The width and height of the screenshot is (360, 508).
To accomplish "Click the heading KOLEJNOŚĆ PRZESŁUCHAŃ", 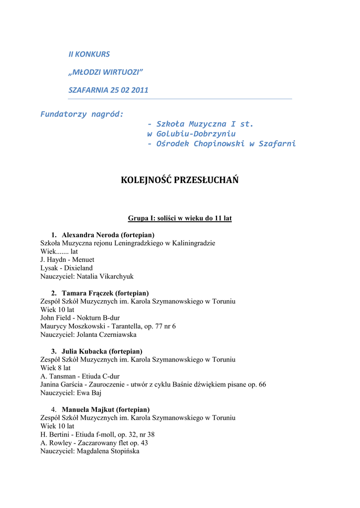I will coord(180,180).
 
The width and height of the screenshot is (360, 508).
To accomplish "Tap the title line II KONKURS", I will coord(89,54).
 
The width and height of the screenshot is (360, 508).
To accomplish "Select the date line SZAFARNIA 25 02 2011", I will coord(108,90).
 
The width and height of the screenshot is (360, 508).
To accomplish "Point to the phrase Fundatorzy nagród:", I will coord(82,114).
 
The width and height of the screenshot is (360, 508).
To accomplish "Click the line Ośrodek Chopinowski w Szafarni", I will coord(221,144).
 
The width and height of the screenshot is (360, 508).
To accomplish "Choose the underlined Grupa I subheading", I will coord(180,218).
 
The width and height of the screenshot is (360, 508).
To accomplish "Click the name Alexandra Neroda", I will coord(90,235).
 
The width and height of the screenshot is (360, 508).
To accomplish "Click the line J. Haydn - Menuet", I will coord(67,259).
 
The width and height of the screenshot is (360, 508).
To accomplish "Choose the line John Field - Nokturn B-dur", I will coord(80,318).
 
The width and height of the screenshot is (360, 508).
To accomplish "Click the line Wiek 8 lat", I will coord(56,368).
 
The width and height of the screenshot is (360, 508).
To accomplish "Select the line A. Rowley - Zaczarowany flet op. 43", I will coord(94,443).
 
